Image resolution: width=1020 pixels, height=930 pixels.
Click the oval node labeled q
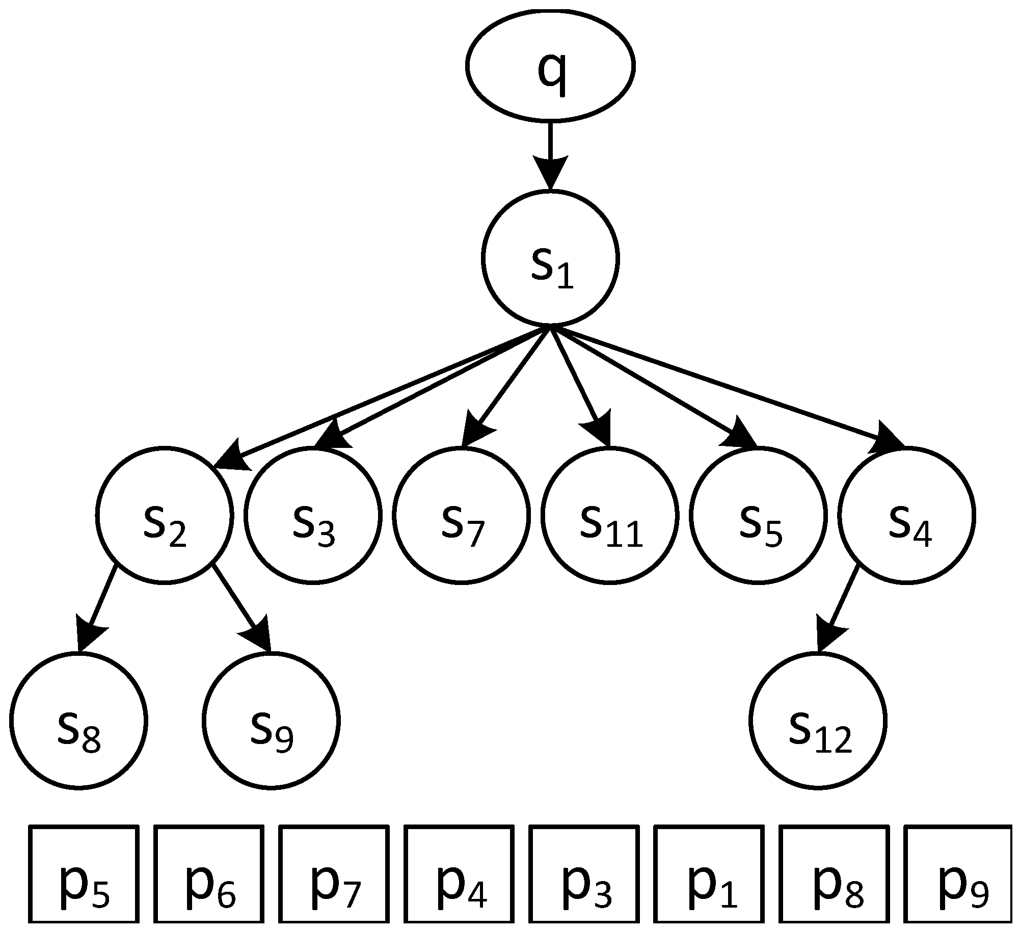pos(550,66)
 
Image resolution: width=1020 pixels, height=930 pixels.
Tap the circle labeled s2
pos(164,515)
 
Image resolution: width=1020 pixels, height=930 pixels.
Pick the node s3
pos(313,515)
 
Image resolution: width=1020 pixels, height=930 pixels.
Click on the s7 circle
pos(461,515)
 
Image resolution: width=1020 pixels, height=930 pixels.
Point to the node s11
pos(610,515)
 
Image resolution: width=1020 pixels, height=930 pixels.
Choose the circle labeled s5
pos(758,515)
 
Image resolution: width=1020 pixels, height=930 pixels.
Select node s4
pos(906,515)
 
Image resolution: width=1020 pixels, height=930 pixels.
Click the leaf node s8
pos(78,720)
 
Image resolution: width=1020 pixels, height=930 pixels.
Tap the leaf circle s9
pos(271,720)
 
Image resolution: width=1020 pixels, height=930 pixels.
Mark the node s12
pos(818,720)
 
